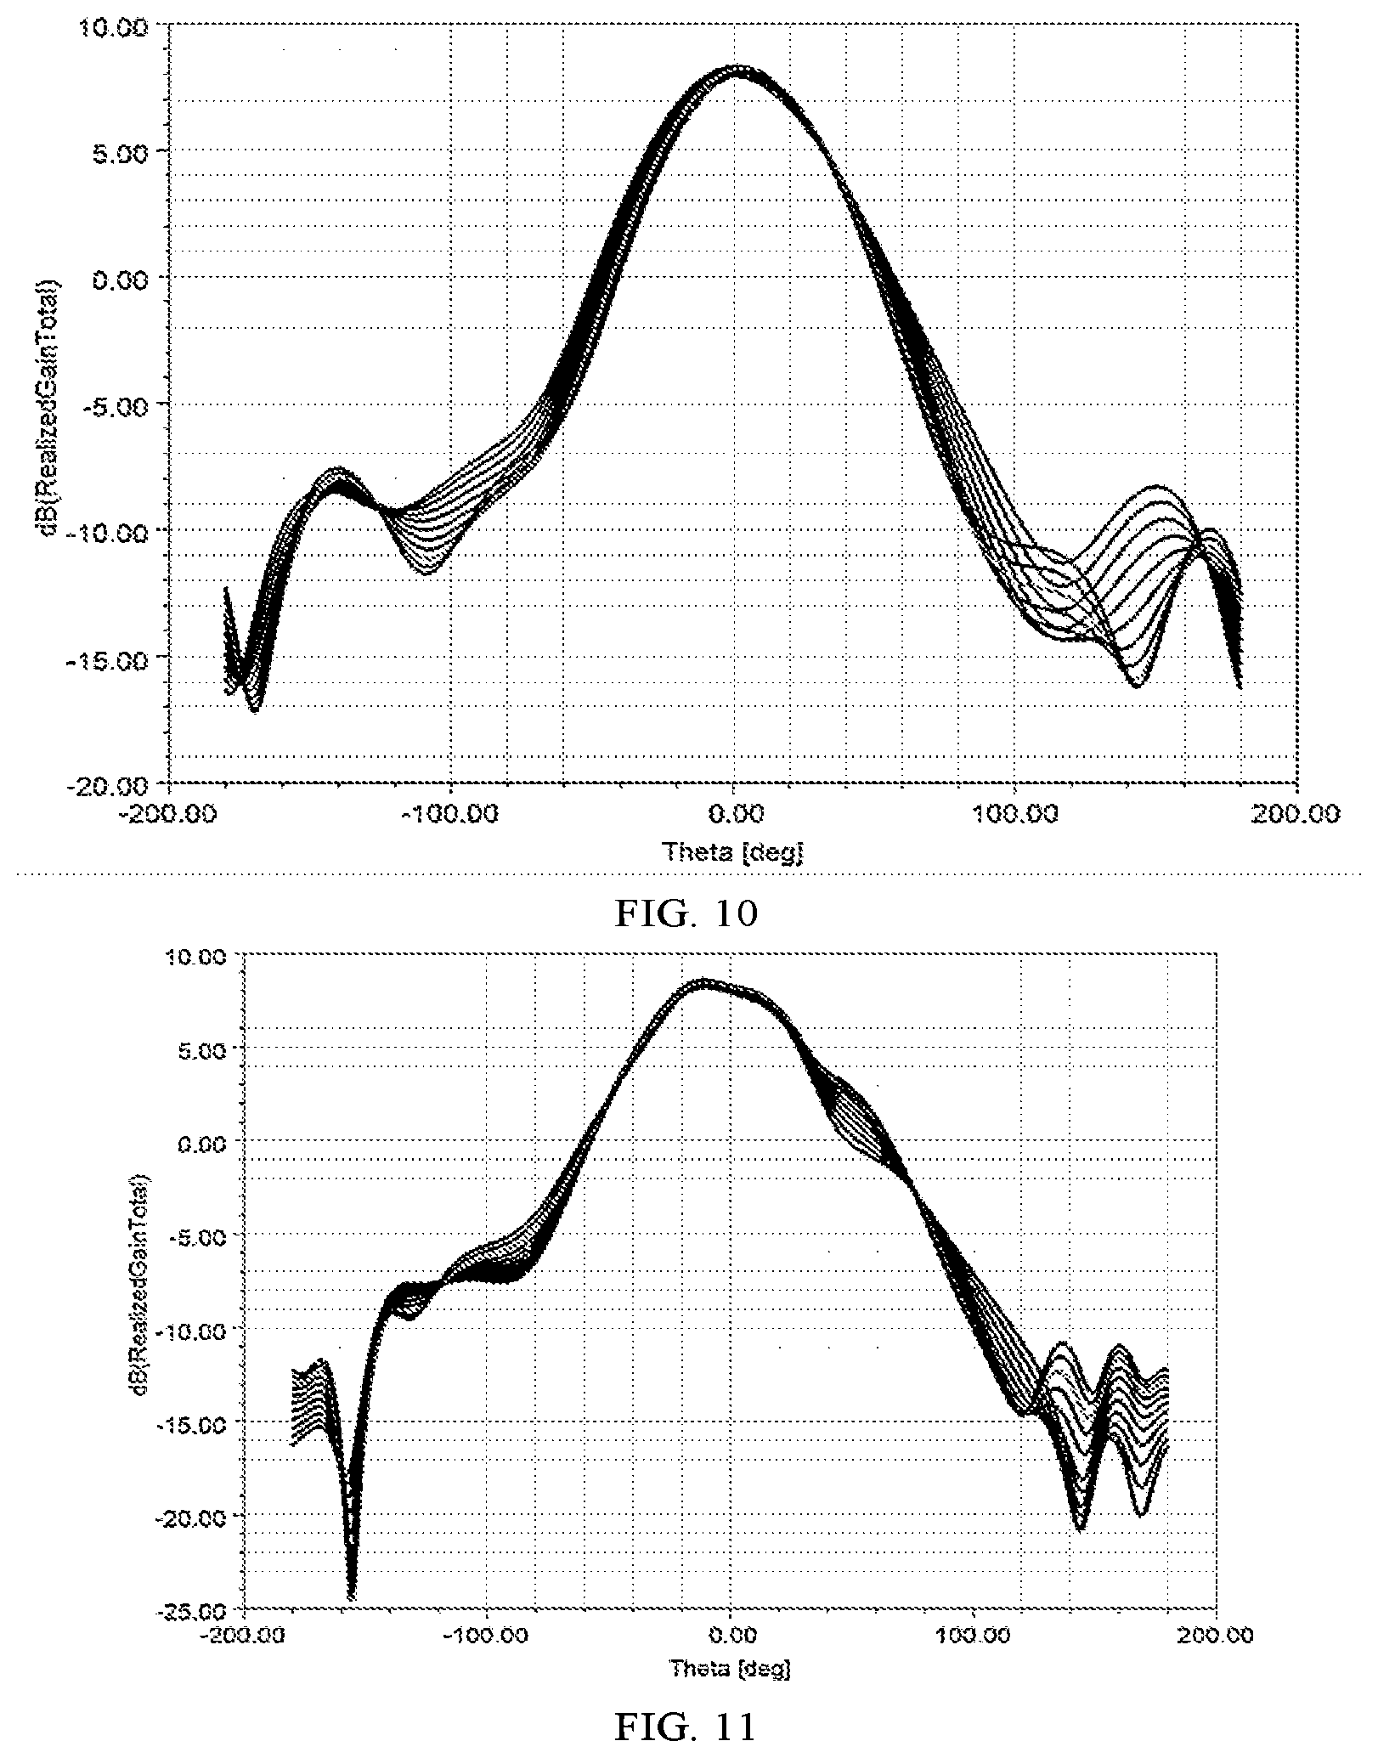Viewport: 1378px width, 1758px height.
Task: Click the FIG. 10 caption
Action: pyautogui.click(x=686, y=914)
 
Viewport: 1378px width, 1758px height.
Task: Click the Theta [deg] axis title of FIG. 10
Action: pyautogui.click(x=733, y=851)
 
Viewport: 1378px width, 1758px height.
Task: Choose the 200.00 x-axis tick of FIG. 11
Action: pyautogui.click(x=1217, y=1636)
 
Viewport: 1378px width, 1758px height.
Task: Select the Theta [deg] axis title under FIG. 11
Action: pyautogui.click(x=730, y=1668)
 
